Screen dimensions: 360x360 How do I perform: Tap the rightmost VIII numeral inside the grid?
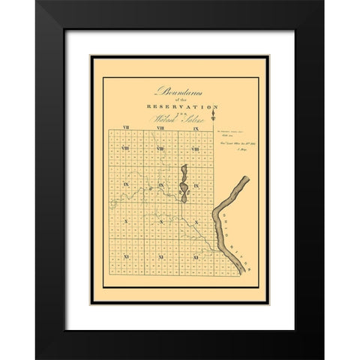pos(195,150)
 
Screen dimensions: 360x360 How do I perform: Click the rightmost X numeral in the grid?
pos(195,222)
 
